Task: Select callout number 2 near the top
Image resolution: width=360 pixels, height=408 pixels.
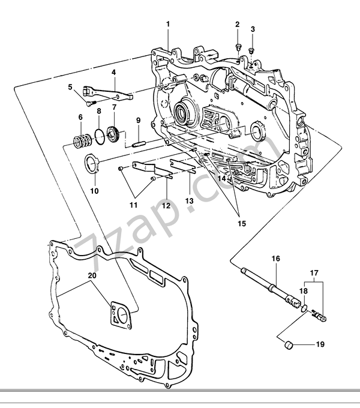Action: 237,25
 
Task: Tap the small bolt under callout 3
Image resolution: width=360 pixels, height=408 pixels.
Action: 252,50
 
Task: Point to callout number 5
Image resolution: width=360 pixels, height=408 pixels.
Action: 70,87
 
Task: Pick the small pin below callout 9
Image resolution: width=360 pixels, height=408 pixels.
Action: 137,143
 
